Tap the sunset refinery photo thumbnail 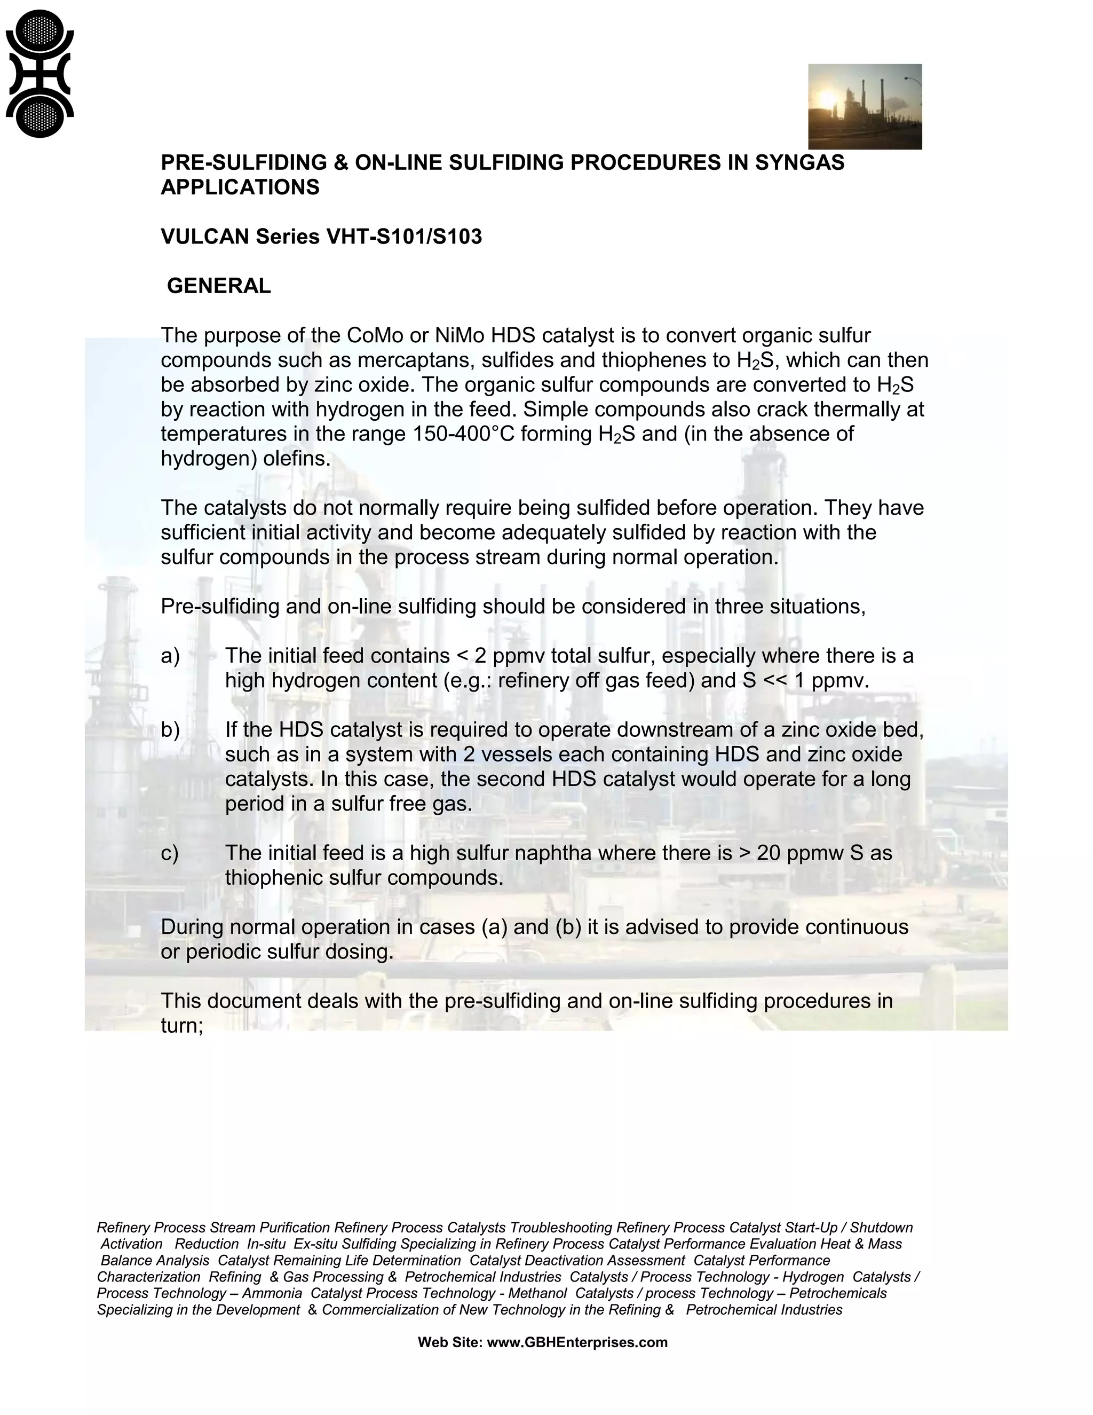865,106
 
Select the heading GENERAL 219,286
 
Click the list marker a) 170,656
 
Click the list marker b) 170,730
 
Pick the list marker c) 170,853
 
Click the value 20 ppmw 801,853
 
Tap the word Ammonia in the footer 272,1293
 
